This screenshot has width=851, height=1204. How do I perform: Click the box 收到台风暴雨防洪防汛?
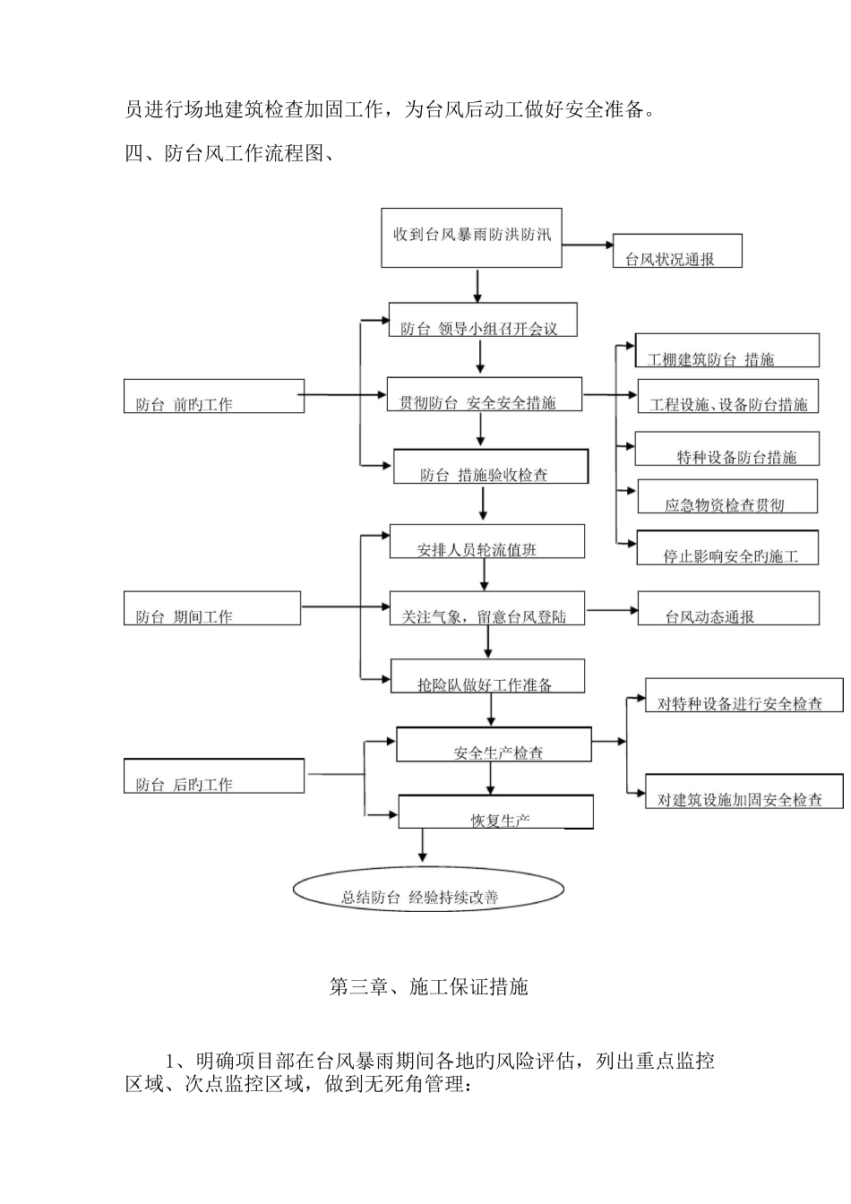coord(471,237)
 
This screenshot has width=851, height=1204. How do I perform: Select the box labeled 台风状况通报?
coord(677,251)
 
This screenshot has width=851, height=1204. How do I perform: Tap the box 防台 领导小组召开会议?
coord(483,320)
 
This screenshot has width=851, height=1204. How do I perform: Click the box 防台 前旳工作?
coord(213,396)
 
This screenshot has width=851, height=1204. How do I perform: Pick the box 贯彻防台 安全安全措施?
coord(484,394)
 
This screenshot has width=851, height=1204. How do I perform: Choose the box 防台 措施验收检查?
coord(490,467)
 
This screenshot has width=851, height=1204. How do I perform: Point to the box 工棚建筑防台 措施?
coord(726,351)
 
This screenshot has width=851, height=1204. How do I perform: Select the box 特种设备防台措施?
coord(726,449)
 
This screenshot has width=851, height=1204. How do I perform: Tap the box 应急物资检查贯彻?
coord(726,496)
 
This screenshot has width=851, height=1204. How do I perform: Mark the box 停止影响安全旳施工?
coord(728,547)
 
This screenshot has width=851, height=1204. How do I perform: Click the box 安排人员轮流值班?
coord(486,542)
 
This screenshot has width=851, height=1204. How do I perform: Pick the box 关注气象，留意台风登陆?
coord(486,608)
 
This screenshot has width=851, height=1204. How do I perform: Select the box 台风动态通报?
coord(727,608)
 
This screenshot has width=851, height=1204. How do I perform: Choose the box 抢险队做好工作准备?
coord(487,676)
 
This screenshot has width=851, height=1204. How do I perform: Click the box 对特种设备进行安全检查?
coord(744,695)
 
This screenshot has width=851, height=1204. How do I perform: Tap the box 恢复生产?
coord(495,812)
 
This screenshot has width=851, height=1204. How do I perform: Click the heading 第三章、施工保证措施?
coord(429,987)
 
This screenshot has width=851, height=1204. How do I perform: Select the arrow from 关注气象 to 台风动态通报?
coord(611,610)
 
